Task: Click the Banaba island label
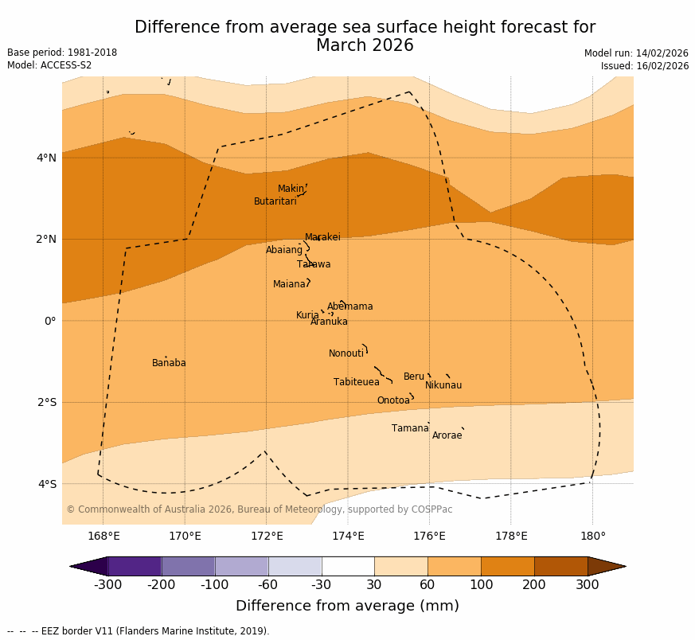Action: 169,363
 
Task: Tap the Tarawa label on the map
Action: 314,264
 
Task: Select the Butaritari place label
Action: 275,201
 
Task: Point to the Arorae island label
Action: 447,435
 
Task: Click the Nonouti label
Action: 346,353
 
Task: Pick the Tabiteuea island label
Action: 356,382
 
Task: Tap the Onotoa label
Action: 393,400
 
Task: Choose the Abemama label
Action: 349,306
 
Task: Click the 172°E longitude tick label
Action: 267,536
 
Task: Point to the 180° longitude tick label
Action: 592,536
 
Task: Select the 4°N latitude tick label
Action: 46,158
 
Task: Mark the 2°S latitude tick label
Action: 46,402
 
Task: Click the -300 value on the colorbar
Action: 107,585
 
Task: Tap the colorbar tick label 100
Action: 481,585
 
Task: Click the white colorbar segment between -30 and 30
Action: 348,566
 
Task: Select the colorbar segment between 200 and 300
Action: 560,566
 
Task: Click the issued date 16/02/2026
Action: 645,66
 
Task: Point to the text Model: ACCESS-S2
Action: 49,65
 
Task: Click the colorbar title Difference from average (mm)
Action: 347,606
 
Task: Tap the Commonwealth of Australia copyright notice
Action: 259,509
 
